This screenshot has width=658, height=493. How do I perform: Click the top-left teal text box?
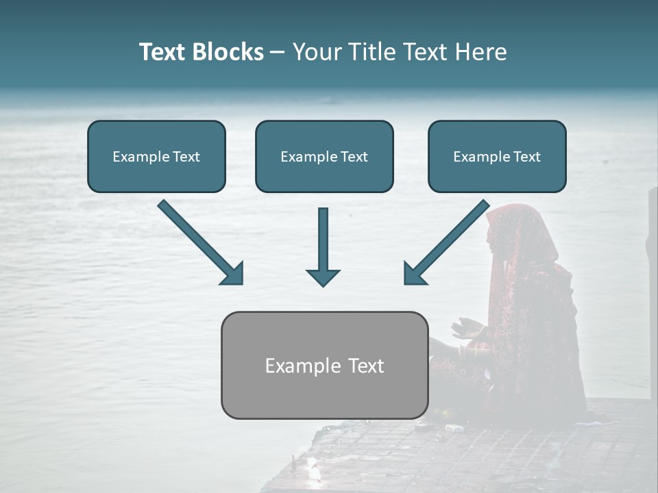[x=156, y=157]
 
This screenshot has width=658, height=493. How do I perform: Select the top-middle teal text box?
[x=324, y=157]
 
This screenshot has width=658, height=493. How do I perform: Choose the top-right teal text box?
[x=497, y=157]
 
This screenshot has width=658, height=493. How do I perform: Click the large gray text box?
[x=325, y=366]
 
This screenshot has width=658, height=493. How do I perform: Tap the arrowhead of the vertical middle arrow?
[x=324, y=277]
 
